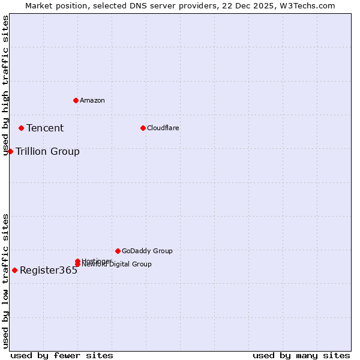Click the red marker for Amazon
76,100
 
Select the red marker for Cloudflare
143,128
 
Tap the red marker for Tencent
21,128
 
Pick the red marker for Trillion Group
10,151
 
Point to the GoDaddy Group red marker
118,251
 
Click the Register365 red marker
14,270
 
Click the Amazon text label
92,100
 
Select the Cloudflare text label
163,128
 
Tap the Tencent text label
45,128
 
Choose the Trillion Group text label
47,151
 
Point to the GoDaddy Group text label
147,251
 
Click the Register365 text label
49,270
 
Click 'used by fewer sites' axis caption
62,355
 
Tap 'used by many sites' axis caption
301,355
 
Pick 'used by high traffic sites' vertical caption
6,85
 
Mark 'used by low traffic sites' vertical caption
6,280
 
